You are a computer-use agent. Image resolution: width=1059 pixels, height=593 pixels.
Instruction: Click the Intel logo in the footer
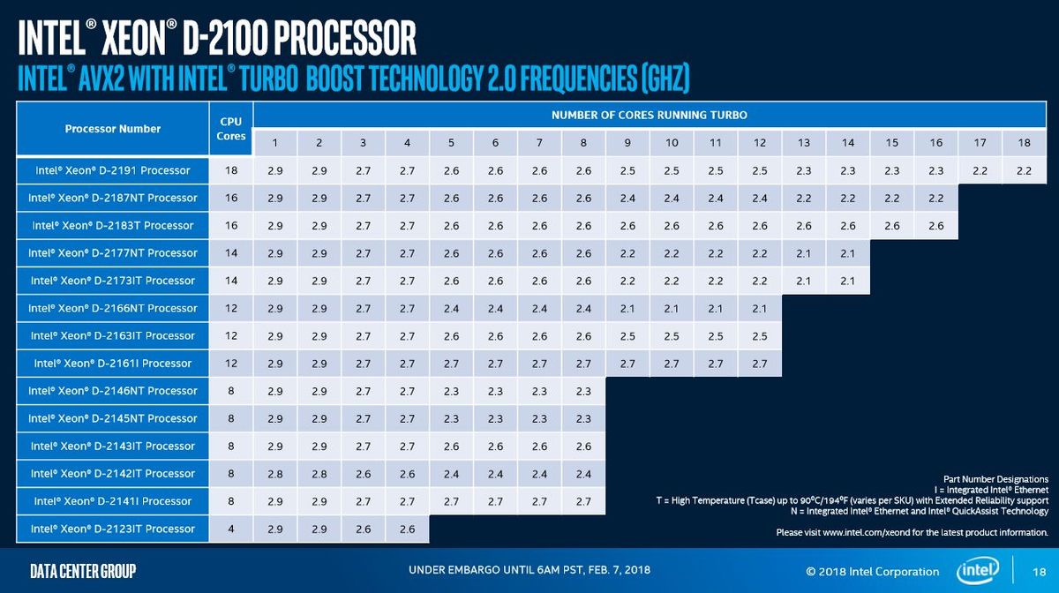(x=978, y=570)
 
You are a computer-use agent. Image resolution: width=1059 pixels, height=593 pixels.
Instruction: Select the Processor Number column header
(x=113, y=129)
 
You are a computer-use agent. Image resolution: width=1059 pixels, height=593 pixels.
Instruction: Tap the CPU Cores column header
(x=230, y=129)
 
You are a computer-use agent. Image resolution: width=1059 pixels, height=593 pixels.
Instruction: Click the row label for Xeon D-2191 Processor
(x=113, y=170)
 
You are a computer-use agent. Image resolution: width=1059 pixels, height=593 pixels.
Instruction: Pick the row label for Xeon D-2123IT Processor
(x=113, y=529)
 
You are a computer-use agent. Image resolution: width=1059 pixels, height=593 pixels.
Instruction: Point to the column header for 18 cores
(x=1024, y=142)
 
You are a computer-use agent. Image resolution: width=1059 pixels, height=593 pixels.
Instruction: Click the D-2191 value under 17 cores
(x=980, y=170)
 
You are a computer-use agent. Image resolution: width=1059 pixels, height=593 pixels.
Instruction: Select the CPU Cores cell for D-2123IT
(x=230, y=529)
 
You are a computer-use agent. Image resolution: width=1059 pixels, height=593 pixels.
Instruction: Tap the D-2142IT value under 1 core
(x=275, y=474)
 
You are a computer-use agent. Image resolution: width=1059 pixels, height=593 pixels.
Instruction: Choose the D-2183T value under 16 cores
(x=936, y=226)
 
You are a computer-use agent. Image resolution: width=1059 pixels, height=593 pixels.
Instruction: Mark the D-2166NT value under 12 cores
(x=760, y=309)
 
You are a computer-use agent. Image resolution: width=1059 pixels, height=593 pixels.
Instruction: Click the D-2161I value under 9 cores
(x=627, y=364)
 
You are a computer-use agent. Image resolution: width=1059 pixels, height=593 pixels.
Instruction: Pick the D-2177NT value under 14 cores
(x=848, y=253)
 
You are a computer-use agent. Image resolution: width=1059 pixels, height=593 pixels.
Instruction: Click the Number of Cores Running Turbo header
(x=650, y=115)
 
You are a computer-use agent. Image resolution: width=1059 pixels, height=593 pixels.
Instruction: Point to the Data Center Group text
(x=83, y=571)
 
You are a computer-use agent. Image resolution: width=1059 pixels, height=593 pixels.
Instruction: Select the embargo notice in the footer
(x=529, y=570)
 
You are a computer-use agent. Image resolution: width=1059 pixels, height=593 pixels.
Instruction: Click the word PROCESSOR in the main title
(x=345, y=38)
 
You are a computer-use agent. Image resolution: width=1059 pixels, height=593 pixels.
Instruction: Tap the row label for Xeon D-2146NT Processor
(x=113, y=391)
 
